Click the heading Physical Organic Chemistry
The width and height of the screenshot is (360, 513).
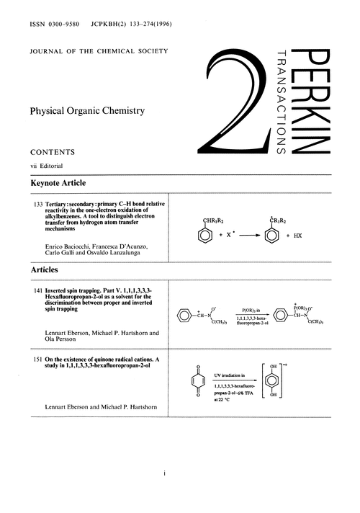pos(87,111)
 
